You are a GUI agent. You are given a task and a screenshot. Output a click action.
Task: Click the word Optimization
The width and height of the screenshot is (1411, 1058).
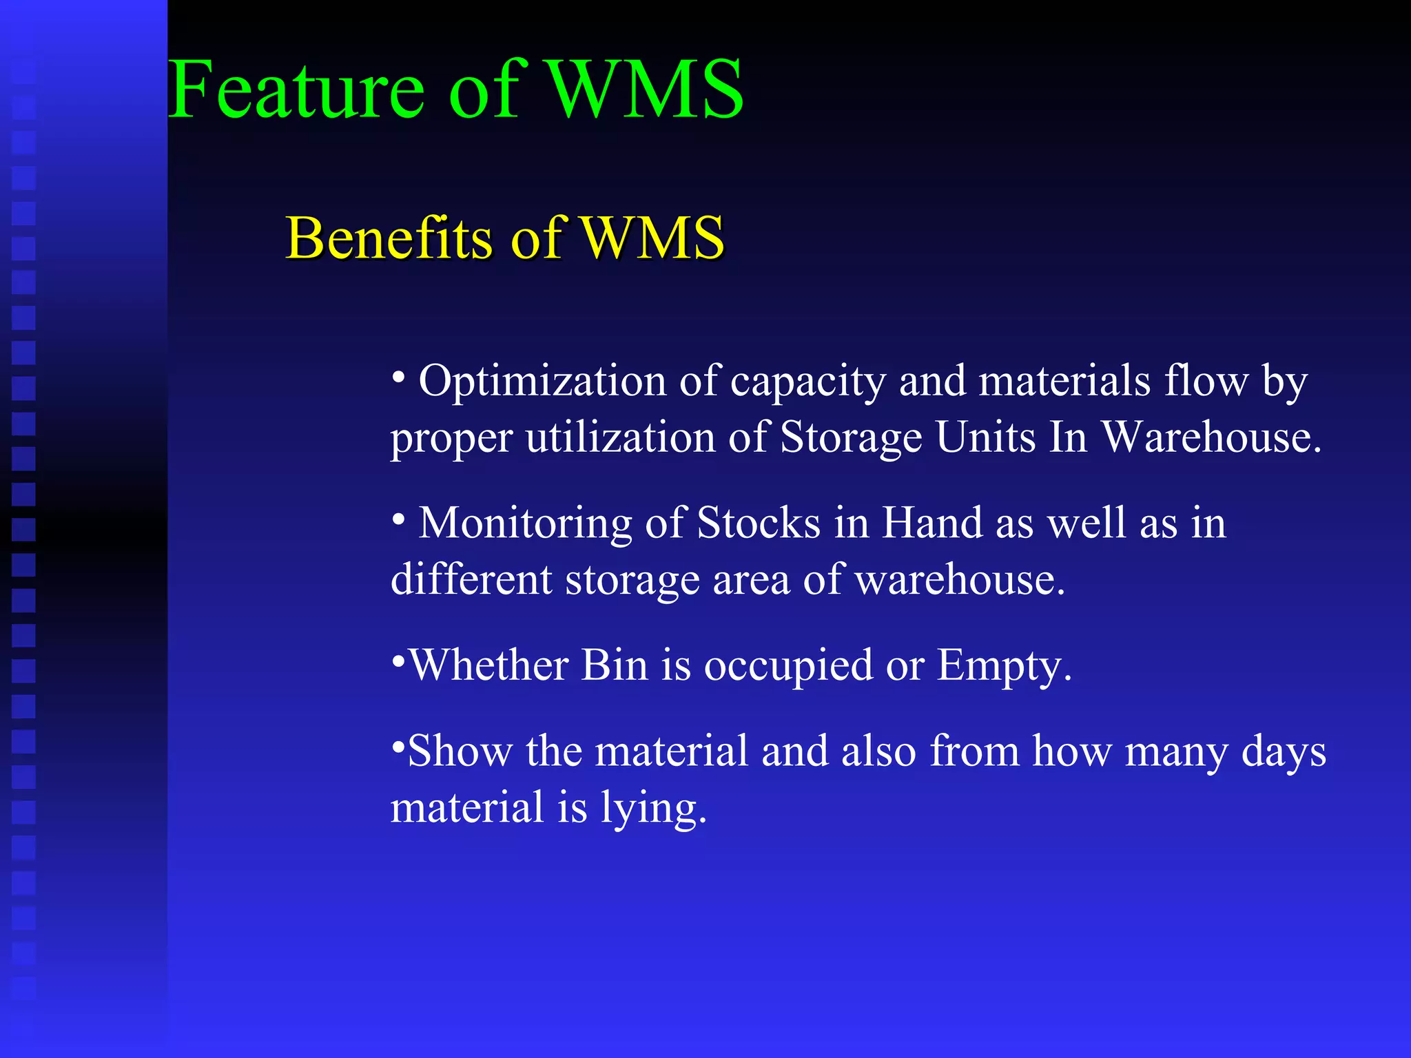(542, 381)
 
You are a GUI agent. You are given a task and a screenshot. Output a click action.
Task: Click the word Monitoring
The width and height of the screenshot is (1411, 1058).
(526, 523)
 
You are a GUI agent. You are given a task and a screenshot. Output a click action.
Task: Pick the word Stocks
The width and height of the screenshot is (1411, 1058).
(759, 523)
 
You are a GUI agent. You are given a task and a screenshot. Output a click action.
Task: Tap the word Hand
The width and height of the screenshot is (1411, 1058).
(932, 523)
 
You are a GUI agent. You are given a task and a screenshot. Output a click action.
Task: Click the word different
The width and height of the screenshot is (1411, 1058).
(471, 579)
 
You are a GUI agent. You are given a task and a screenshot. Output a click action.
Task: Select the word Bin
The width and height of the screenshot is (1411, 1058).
(615, 665)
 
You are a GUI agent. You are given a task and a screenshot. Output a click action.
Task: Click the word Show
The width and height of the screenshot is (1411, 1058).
(460, 751)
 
